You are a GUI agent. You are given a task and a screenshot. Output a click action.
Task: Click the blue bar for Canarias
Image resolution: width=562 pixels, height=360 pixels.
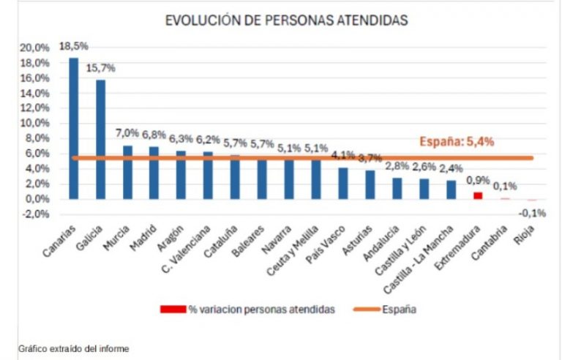click(73, 128)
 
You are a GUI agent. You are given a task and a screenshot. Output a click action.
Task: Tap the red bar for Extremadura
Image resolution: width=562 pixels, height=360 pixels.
click(478, 195)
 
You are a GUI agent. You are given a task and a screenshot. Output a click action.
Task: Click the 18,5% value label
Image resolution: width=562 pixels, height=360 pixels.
click(75, 47)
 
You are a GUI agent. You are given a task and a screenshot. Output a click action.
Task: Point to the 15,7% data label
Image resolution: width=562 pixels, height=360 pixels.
click(101, 68)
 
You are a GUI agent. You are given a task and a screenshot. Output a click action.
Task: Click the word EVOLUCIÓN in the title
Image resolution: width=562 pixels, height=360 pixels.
click(202, 20)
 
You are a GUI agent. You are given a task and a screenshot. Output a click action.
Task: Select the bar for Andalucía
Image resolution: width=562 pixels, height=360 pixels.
click(397, 188)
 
